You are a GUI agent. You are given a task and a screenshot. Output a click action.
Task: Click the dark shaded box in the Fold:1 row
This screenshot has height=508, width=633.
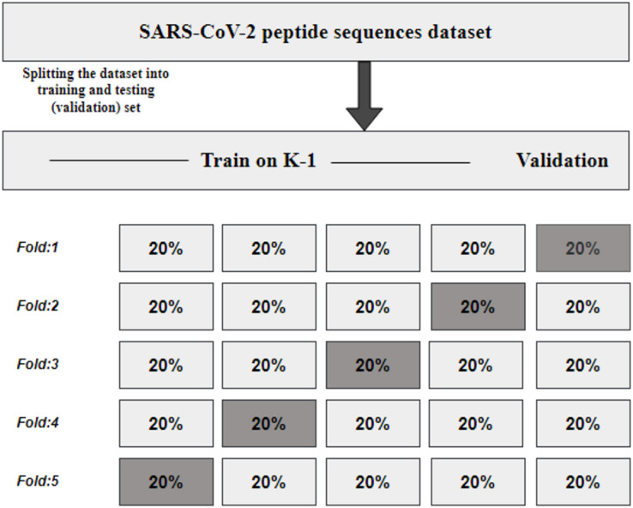583,248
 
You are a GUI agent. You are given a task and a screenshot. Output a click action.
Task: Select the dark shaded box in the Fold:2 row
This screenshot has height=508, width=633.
478,306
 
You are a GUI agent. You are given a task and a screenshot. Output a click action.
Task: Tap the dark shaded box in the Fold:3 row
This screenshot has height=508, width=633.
373,365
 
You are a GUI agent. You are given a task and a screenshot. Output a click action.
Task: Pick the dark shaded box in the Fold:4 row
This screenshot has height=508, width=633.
269,424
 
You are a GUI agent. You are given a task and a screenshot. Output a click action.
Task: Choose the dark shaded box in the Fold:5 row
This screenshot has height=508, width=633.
166,481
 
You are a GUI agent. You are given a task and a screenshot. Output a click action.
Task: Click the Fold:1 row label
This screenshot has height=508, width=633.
38,247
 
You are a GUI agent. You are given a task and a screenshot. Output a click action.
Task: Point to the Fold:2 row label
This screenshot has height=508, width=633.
38,305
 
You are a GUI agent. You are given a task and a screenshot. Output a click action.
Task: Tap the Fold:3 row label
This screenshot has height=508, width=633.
38,364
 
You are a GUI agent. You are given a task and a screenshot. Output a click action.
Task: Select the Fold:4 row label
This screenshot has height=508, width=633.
38,423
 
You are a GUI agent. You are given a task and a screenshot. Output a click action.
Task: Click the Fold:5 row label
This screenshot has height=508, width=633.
38,481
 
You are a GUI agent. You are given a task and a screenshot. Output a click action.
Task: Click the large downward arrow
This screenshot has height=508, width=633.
365,96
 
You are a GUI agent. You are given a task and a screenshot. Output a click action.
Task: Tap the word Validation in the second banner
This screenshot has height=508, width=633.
563,160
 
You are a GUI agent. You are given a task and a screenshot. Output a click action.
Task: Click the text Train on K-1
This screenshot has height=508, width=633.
258,160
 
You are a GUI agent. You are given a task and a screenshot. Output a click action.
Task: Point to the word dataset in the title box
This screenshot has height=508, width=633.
460,32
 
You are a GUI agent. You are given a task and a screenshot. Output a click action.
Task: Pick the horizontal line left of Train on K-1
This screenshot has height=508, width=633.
119,160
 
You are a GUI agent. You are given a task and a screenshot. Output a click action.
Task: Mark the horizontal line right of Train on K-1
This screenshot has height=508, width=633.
401,163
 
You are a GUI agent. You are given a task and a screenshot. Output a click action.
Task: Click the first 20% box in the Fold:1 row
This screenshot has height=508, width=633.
166,248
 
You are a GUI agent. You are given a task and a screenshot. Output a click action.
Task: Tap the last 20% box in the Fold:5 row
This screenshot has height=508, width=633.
583,481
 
